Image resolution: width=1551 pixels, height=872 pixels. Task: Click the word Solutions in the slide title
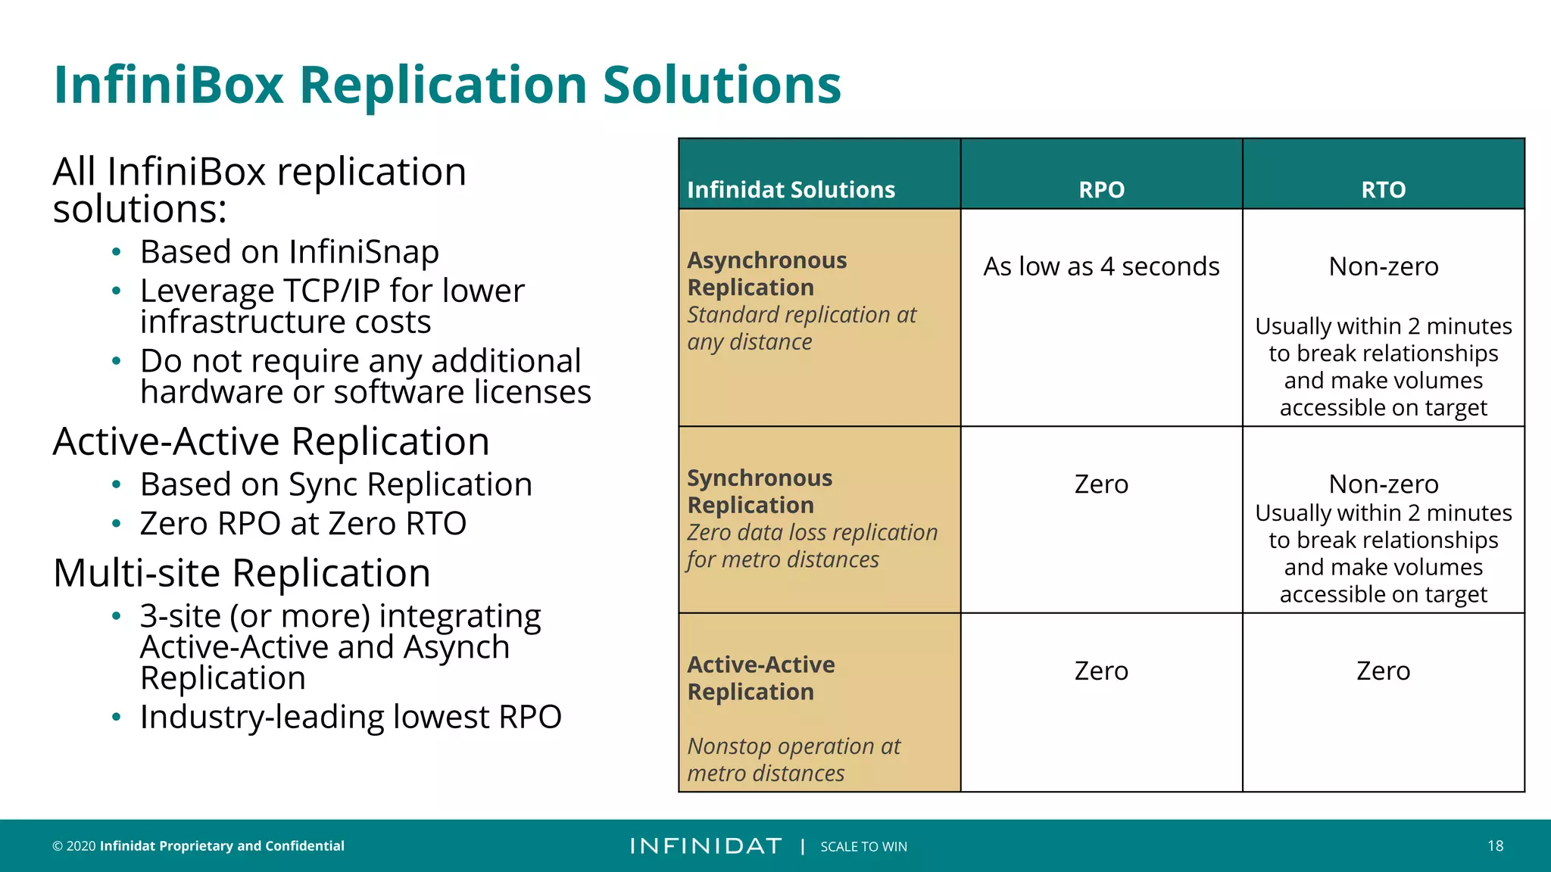pos(721,85)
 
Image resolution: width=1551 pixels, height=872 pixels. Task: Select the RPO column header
pos(1101,189)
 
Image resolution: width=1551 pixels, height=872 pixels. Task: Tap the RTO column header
pos(1383,189)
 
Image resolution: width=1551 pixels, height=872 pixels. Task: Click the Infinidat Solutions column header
pos(791,189)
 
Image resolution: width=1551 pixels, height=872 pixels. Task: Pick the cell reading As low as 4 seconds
pos(1101,266)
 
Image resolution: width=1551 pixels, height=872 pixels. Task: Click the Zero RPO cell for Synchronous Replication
pos(1101,484)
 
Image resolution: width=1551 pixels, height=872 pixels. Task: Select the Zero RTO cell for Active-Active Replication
pos(1383,671)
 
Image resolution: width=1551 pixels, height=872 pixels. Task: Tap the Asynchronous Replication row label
pos(766,274)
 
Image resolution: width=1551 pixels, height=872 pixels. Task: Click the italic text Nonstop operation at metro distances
pos(793,759)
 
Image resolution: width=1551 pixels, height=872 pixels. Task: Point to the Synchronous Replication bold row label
pos(760,491)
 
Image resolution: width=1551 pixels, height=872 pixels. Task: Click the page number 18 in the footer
pos(1495,846)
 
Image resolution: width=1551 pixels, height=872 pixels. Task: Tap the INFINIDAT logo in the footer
pos(706,846)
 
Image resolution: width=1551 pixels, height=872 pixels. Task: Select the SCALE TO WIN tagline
pos(863,846)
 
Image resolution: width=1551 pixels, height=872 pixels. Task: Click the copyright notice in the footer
pos(198,846)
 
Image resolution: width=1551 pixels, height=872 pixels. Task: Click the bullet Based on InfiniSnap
pos(289,252)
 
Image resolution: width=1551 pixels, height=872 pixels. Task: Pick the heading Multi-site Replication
pos(242,573)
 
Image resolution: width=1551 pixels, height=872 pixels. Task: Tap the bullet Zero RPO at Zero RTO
pos(303,524)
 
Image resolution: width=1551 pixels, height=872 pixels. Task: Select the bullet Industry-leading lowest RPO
pos(351,717)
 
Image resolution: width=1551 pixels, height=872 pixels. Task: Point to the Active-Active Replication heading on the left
pos(271,441)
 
